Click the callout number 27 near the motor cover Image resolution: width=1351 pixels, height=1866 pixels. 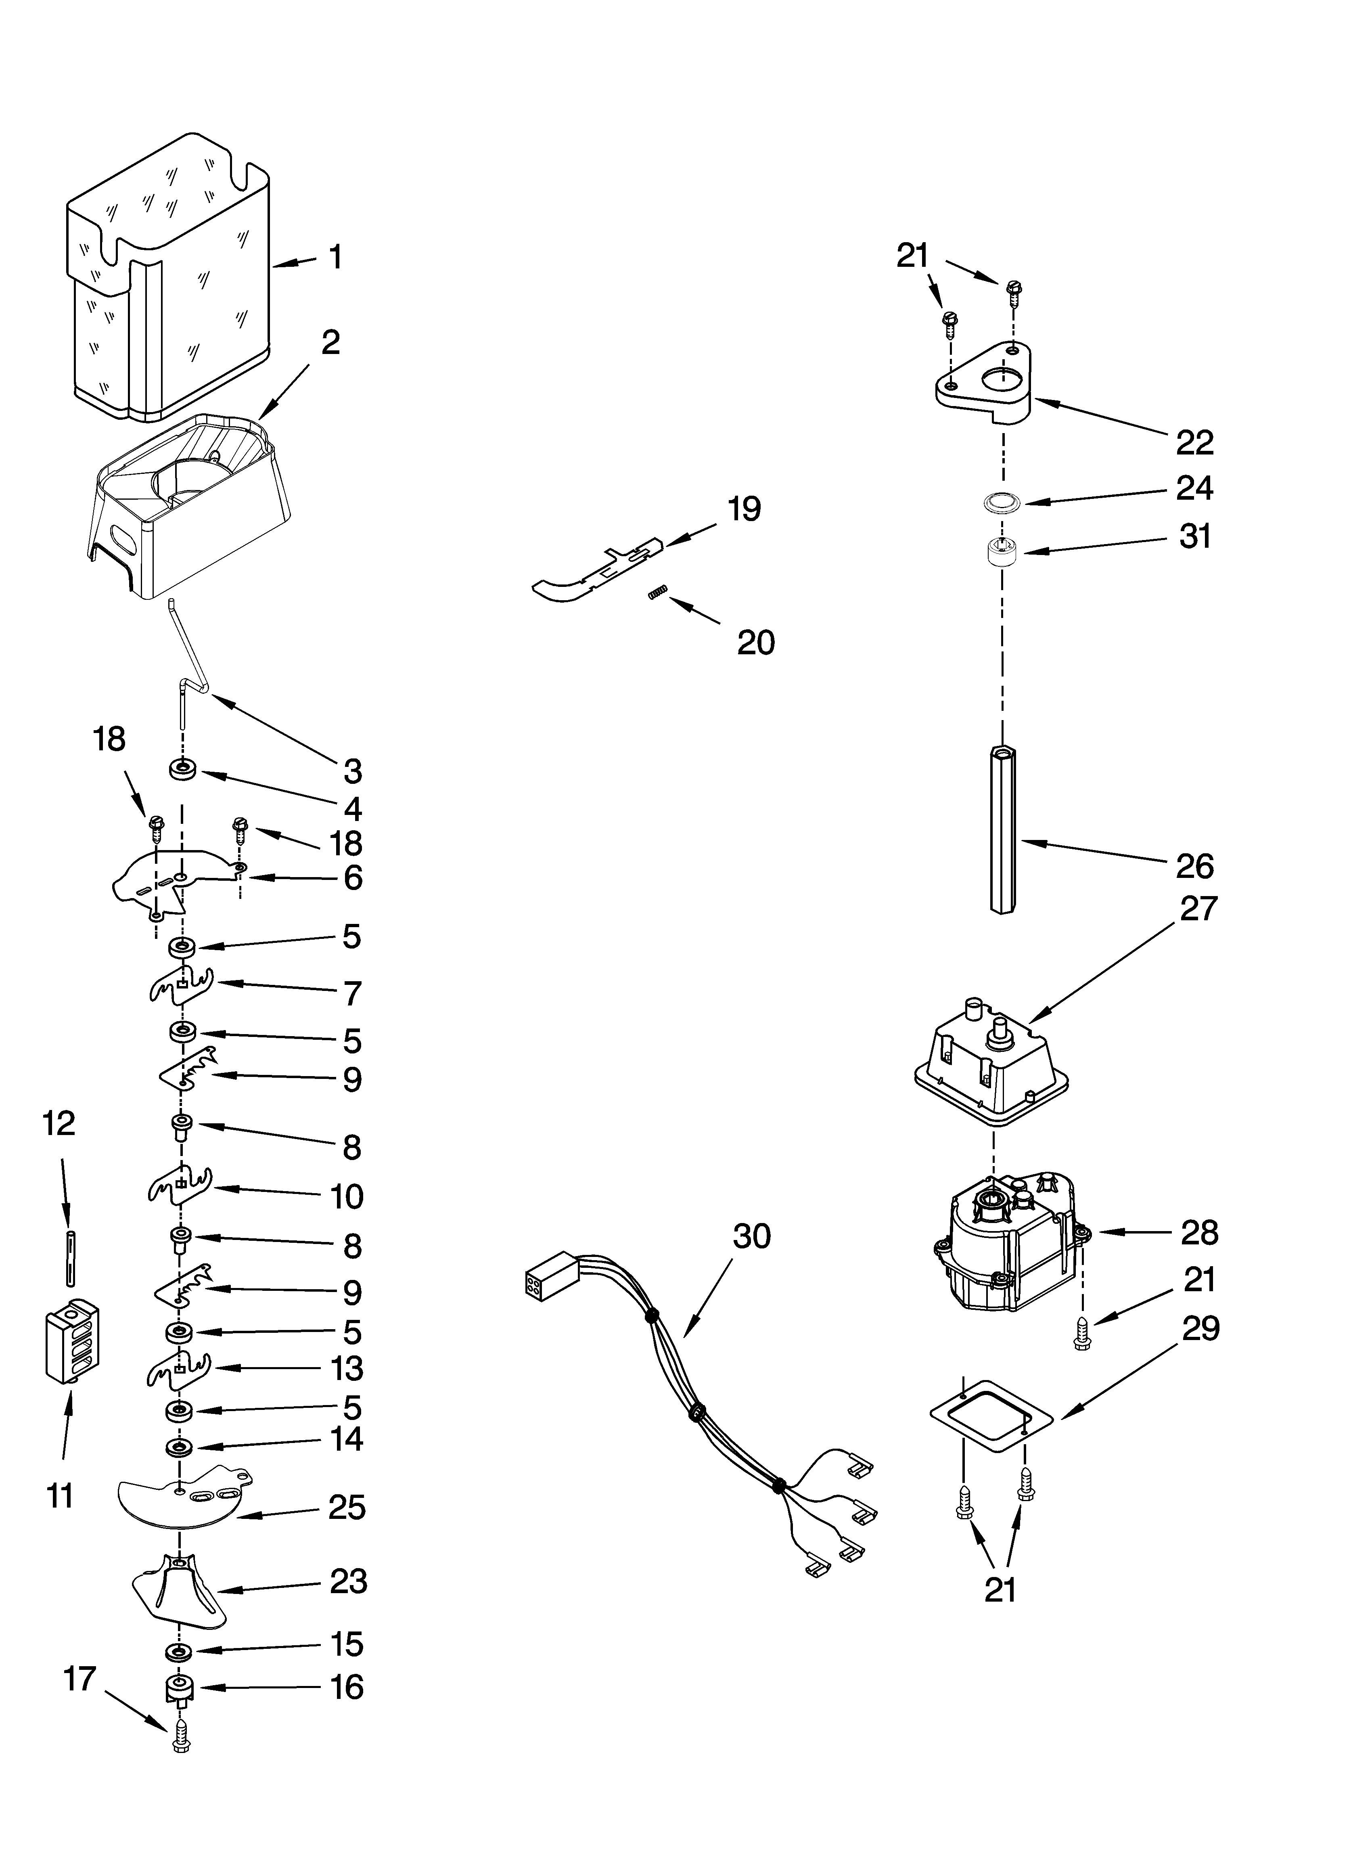[x=1197, y=909]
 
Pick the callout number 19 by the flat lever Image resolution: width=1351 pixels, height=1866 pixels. [x=744, y=509]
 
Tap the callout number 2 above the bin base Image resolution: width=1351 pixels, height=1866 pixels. [x=330, y=342]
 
